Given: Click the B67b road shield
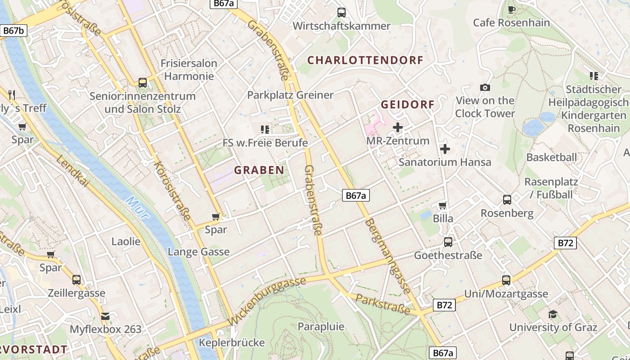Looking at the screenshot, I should [x=14, y=31].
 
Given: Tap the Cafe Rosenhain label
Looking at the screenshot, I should [x=511, y=22].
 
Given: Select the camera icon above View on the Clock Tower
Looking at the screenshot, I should [x=485, y=88].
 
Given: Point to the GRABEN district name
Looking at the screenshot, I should [x=259, y=170].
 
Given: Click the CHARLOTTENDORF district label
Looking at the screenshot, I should [x=365, y=60].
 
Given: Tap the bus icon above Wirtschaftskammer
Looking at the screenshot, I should [x=342, y=13].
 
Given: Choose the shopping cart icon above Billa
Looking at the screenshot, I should [x=443, y=206].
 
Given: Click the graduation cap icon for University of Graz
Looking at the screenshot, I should [x=553, y=314].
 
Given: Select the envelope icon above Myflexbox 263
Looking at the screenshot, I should [x=105, y=316].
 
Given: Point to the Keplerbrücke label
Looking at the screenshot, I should [x=232, y=342].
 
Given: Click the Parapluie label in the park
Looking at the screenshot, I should [x=321, y=326].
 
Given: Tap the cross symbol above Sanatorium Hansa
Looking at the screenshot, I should [x=445, y=148].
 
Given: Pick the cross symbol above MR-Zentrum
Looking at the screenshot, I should [x=398, y=128].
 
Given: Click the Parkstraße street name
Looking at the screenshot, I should [x=382, y=305].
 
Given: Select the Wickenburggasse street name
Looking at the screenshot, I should [x=267, y=301].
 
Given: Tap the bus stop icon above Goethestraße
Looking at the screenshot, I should [x=448, y=242].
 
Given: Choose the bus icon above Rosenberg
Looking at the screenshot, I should [x=507, y=200].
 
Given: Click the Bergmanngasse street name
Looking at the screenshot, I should [x=387, y=256].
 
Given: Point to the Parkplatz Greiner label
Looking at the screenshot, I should [x=290, y=95].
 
